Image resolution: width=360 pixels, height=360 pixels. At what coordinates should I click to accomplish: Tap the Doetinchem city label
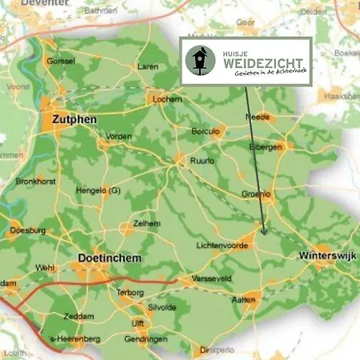[x=111, y=260]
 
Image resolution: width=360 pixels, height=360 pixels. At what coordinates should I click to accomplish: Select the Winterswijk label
[x=327, y=256]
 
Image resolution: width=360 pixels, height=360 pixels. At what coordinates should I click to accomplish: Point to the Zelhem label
[x=146, y=223]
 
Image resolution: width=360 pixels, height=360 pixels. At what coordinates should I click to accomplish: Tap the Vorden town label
[x=118, y=137]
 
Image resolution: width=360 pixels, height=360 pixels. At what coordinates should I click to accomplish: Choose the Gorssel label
[x=61, y=61]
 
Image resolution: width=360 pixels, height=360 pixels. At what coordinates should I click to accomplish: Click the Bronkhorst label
[x=34, y=181]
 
